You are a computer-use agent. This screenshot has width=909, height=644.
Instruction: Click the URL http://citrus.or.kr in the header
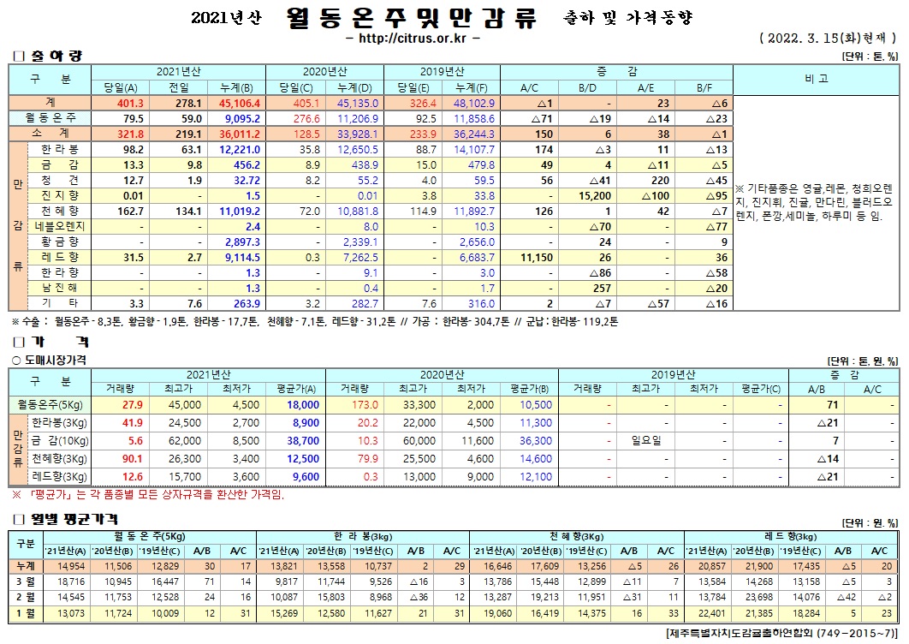point(413,39)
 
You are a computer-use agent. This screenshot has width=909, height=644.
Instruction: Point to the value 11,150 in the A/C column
point(530,257)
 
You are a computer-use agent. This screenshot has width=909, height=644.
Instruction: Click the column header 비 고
point(817,79)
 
